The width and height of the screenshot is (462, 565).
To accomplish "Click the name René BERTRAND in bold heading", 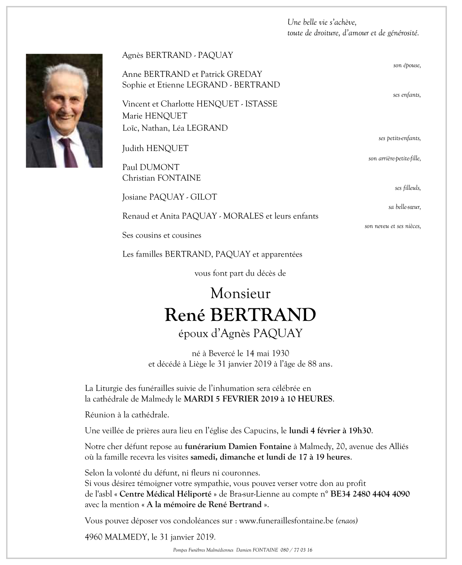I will pos(240,315).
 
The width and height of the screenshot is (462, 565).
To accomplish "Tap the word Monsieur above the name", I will pos(240,294).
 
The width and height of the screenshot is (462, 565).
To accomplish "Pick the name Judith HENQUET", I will pos(155,148).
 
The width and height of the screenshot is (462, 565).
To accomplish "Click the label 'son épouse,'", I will pos(407,65).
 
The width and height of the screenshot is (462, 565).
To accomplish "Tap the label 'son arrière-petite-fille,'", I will pos(394,158).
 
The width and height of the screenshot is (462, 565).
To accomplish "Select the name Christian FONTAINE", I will pos(161,178).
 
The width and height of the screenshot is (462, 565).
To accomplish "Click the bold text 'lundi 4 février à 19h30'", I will pos(330,431).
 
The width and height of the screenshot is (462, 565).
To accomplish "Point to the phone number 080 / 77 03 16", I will pos(297,550).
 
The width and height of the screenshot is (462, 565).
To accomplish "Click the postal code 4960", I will pos(94,537).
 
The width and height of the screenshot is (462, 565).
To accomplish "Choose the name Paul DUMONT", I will pos(151,167).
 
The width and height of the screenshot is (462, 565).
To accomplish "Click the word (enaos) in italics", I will pos(347,521).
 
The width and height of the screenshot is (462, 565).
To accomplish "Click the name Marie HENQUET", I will pos(154,116).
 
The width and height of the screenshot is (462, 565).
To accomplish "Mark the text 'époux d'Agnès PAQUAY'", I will pos(240,333).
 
